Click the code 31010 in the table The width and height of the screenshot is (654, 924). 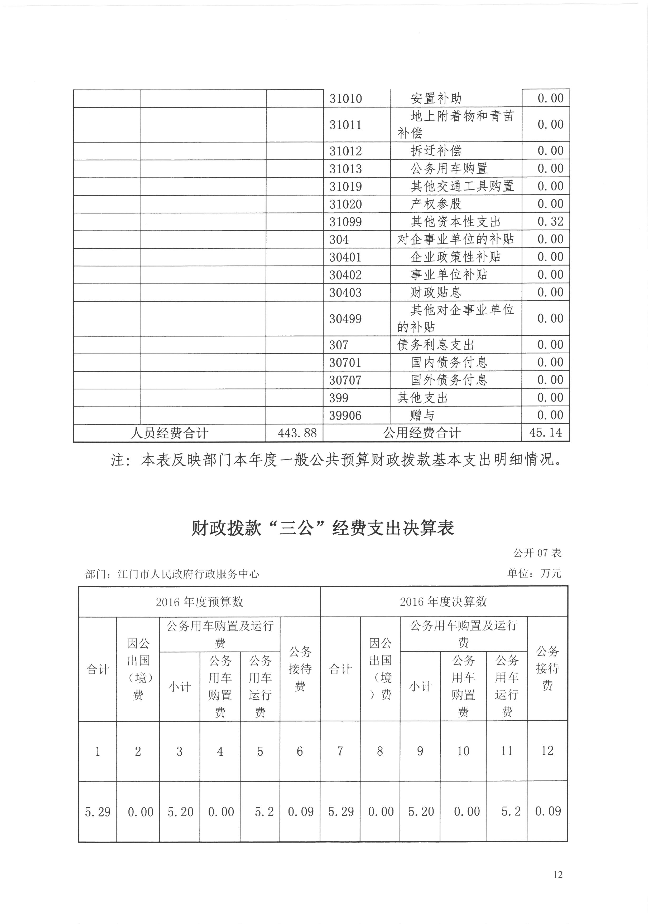345,99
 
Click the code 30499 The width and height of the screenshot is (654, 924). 345,319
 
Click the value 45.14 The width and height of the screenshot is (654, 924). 546,433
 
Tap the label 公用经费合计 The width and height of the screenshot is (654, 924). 422,433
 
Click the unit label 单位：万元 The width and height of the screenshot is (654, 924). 534,574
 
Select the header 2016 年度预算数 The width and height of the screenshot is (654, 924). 199,602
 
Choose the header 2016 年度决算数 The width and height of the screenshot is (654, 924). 443,602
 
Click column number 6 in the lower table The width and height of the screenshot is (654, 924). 300,752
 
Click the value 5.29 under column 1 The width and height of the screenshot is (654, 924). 98,812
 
